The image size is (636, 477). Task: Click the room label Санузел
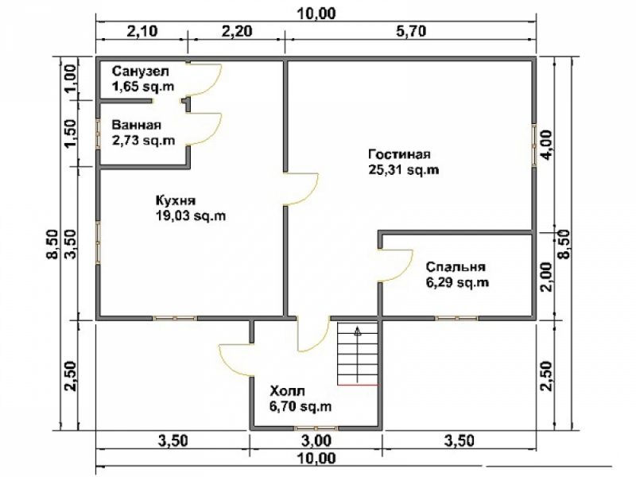click(141, 72)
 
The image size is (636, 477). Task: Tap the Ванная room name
click(137, 126)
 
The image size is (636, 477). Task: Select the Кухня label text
click(176, 201)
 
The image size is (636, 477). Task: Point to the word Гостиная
click(399, 154)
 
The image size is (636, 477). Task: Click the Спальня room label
click(456, 267)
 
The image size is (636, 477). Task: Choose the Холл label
click(287, 391)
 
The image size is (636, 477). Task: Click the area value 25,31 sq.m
click(404, 170)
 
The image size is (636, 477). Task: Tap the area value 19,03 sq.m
click(191, 215)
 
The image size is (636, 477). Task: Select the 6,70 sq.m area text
click(301, 406)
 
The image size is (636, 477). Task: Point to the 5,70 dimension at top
click(409, 31)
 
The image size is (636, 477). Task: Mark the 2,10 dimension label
click(142, 31)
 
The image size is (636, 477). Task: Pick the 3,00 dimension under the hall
click(315, 440)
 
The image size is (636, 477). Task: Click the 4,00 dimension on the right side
click(546, 145)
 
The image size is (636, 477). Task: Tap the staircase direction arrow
click(357, 354)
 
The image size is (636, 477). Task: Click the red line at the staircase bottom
click(357, 385)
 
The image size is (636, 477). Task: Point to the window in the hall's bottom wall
click(316, 428)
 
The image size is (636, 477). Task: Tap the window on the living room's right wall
click(534, 145)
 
